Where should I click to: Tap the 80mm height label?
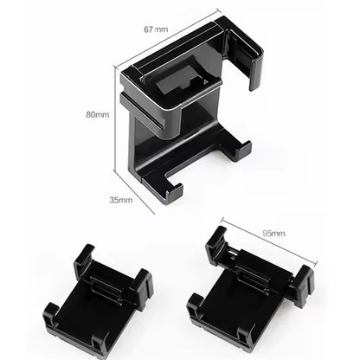(x=97, y=114)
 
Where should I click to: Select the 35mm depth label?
(x=120, y=200)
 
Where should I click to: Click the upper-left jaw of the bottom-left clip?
(x=86, y=260)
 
